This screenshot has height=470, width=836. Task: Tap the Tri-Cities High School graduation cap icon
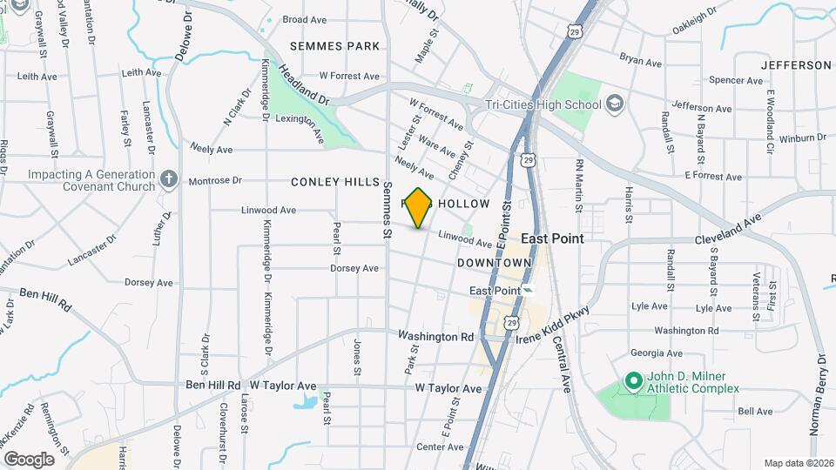[616, 104]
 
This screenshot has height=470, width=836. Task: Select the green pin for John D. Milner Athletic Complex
[632, 382]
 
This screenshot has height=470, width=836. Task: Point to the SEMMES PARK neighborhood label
[335, 46]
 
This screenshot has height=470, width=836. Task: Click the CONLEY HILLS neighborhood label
[335, 182]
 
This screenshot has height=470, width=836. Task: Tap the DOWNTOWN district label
[494, 262]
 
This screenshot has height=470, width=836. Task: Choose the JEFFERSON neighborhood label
[796, 65]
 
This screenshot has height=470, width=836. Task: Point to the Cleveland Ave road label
[728, 229]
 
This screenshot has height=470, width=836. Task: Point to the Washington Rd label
[435, 336]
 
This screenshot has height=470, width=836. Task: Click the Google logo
[29, 459]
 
